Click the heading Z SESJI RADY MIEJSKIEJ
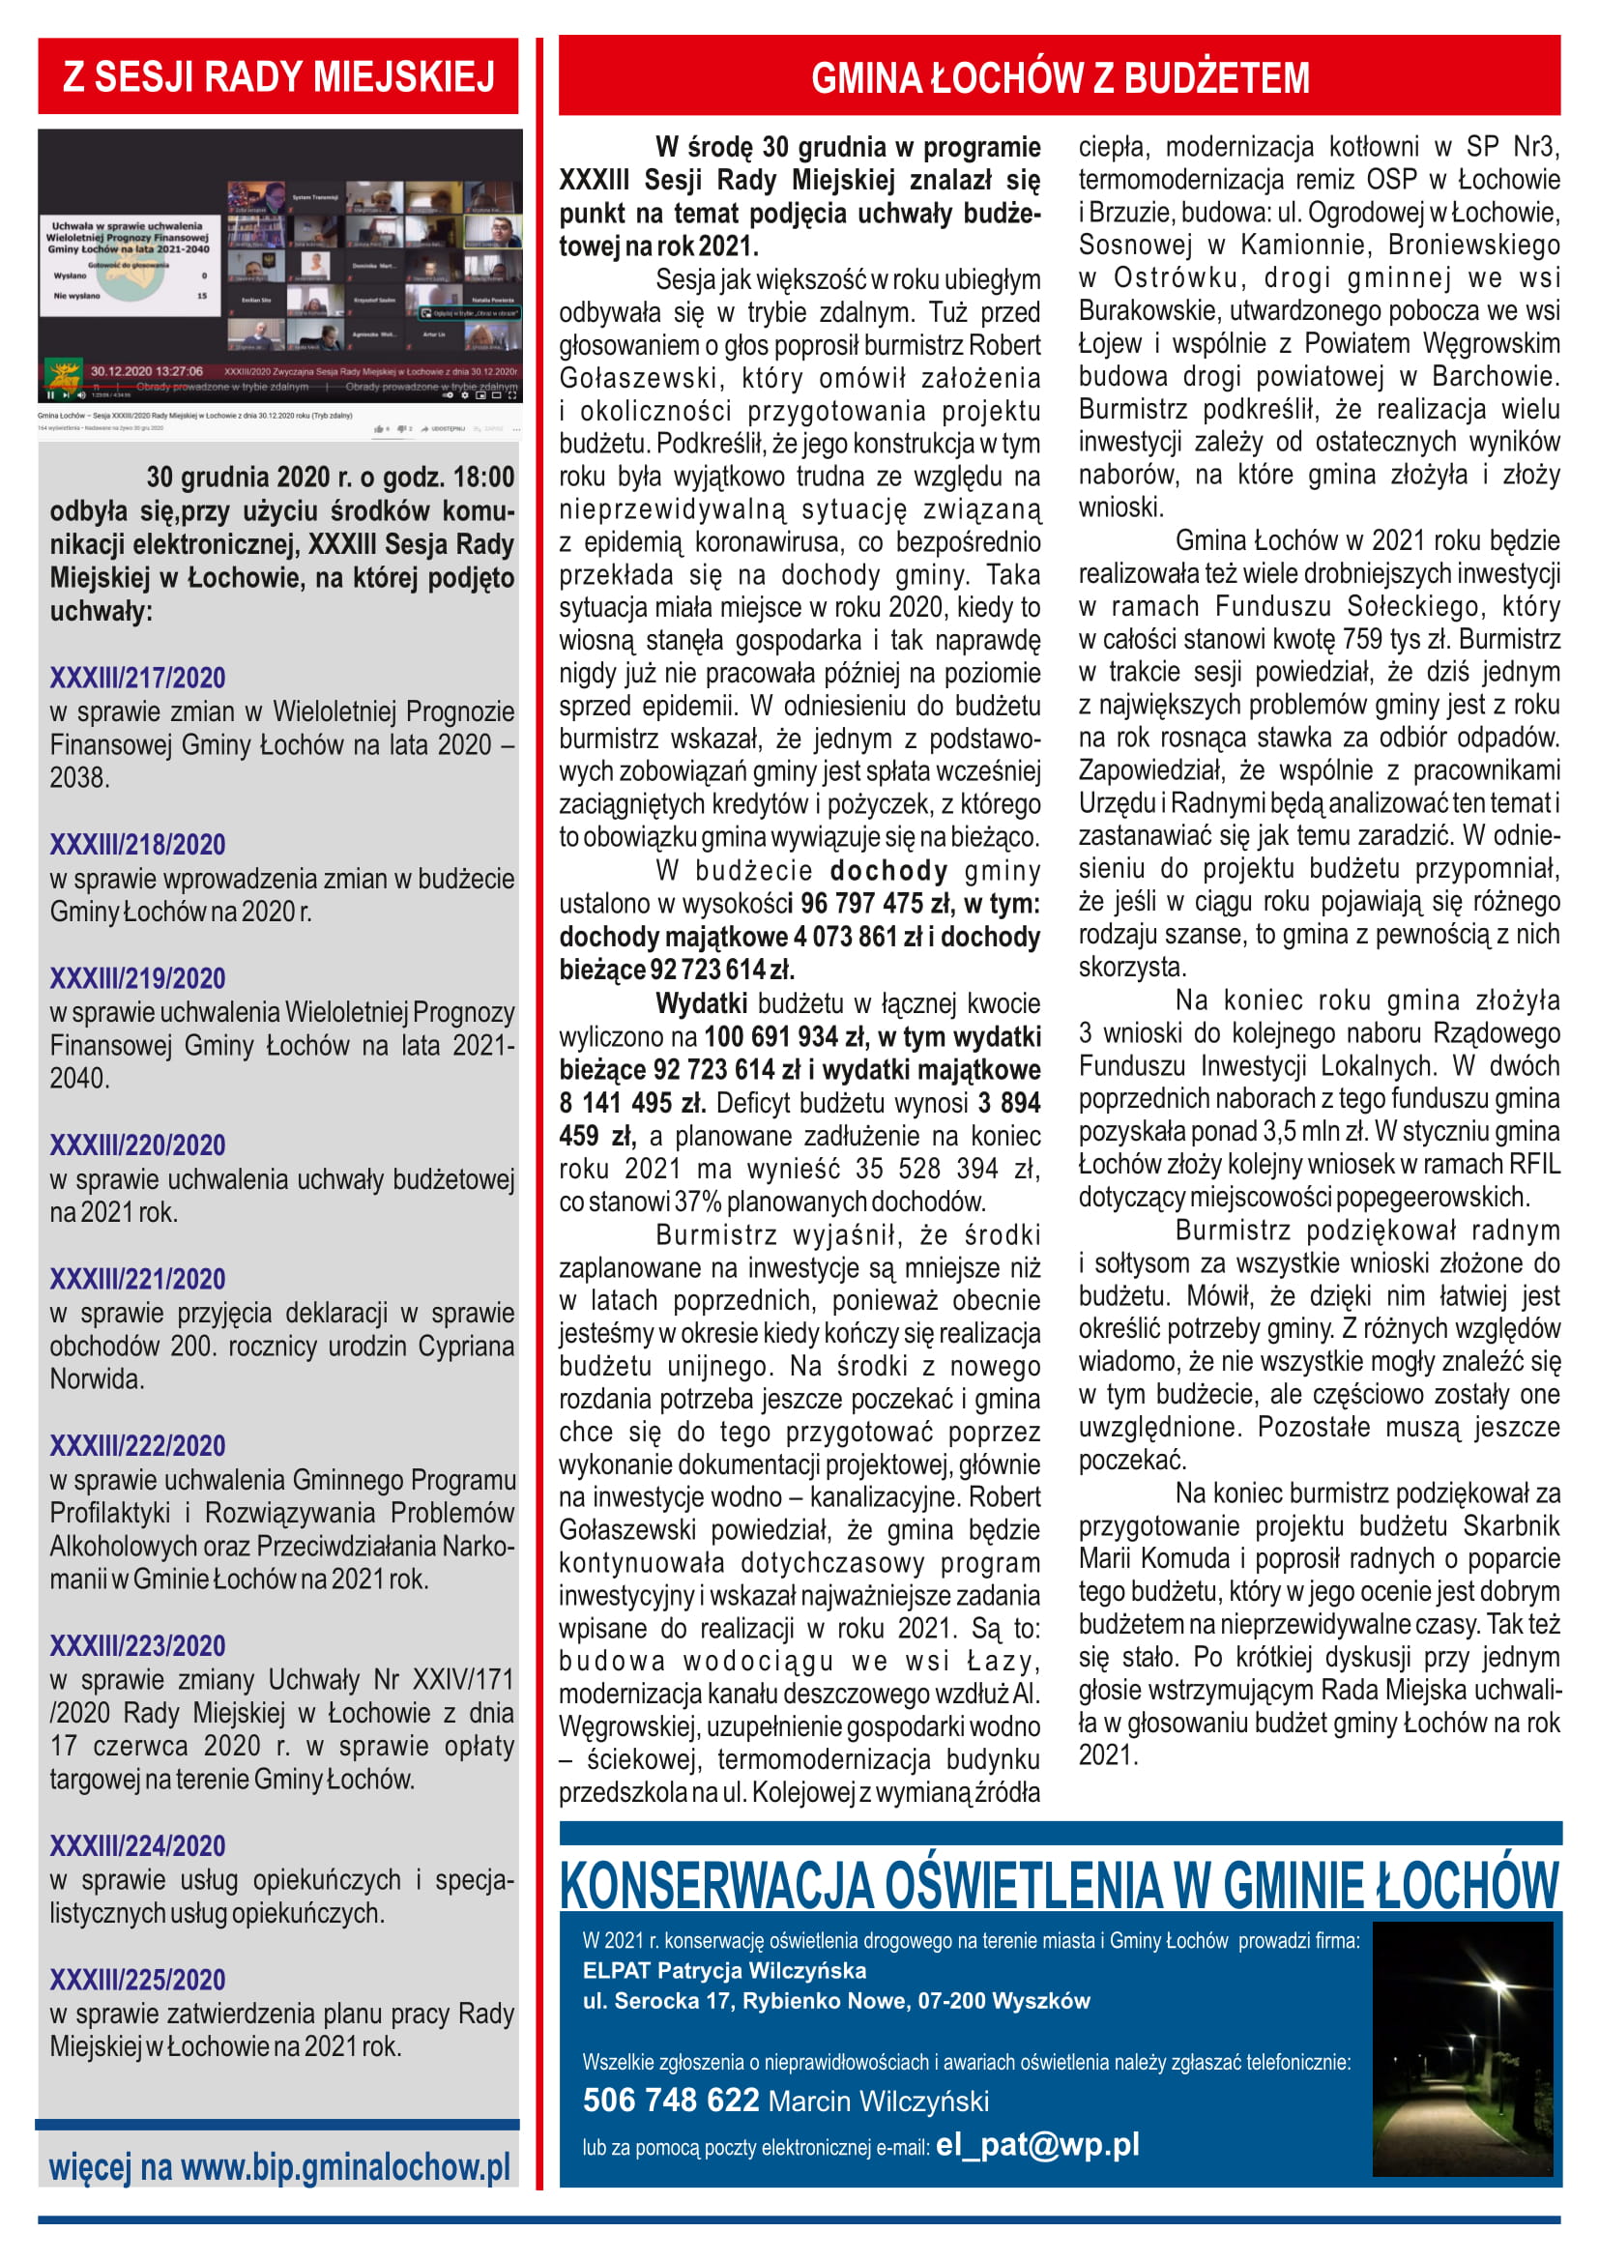click(278, 76)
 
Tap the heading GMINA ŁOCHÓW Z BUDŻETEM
click(1060, 77)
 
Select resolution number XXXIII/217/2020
click(138, 678)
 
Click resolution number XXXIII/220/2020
click(138, 1145)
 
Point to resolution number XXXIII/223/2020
click(138, 1645)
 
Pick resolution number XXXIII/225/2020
click(138, 1980)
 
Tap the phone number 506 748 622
click(671, 2101)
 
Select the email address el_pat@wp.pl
click(1036, 2144)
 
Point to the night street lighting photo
click(1462, 2048)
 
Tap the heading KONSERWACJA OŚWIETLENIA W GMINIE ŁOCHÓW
click(1060, 1886)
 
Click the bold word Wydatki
click(701, 1003)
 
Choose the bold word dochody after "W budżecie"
click(888, 871)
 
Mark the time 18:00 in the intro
click(485, 478)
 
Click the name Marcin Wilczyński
click(878, 2102)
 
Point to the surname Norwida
click(97, 1378)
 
